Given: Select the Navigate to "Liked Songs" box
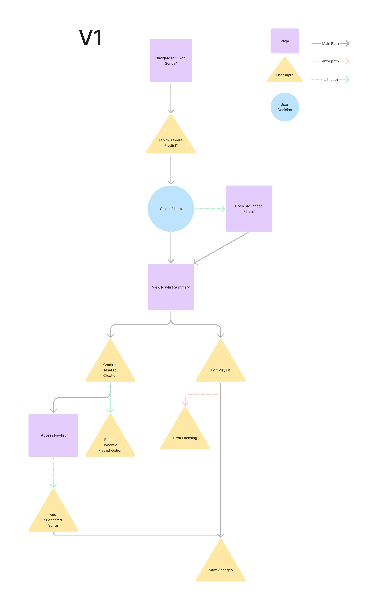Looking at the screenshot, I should click(x=171, y=61).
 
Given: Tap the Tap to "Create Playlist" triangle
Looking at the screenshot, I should click(x=171, y=140).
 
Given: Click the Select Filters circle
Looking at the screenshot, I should click(x=171, y=209).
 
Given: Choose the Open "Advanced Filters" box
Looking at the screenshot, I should click(x=249, y=209).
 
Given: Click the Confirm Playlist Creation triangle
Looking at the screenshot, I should click(x=110, y=368).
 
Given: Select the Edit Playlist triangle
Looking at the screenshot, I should click(x=220, y=368).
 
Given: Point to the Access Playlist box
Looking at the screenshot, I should click(x=53, y=435).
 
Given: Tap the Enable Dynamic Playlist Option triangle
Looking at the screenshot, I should click(x=110, y=443).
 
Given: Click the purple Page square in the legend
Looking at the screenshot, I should click(x=285, y=41).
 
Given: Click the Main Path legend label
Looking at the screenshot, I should click(x=330, y=44).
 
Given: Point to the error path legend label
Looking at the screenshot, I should click(x=330, y=61).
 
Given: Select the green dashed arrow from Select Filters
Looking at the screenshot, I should click(x=210, y=209).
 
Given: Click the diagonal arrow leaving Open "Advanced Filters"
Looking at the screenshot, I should click(x=221, y=248).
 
